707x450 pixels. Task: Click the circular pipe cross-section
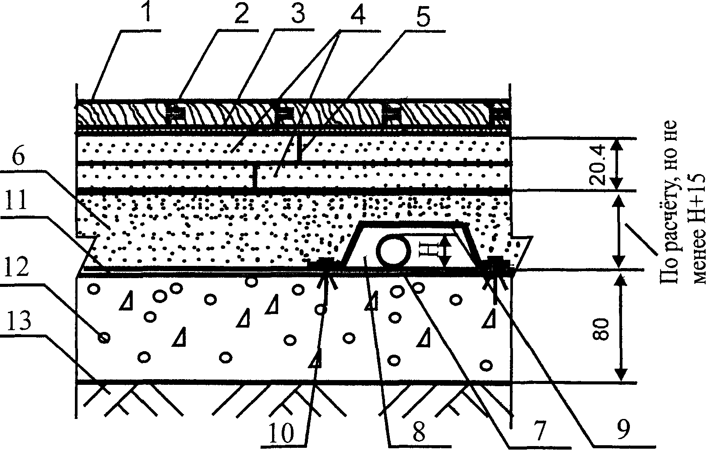(395, 251)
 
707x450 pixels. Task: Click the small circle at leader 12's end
(104, 338)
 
